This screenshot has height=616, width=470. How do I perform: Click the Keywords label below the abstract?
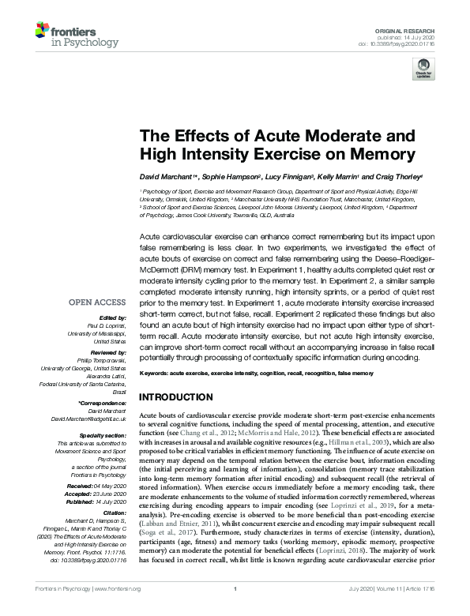tap(156, 370)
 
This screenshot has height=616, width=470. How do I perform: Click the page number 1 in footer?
tap(235, 610)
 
